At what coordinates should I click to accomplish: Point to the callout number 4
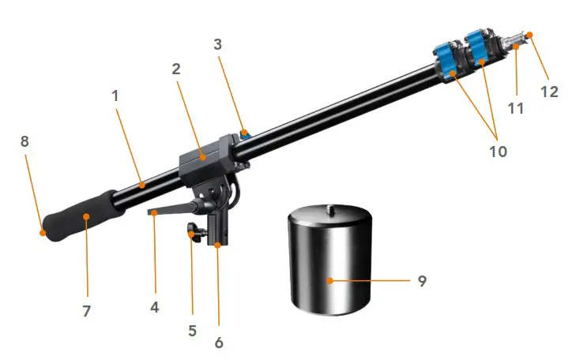pyautogui.click(x=155, y=307)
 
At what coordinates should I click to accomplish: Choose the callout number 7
pyautogui.click(x=87, y=311)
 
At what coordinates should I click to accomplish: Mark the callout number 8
pyautogui.click(x=24, y=142)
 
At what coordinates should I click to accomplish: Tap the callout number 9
pyautogui.click(x=422, y=280)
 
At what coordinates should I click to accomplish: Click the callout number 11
pyautogui.click(x=515, y=108)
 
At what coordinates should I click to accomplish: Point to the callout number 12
pyautogui.click(x=549, y=91)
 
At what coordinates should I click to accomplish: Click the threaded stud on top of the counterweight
pyautogui.click(x=328, y=208)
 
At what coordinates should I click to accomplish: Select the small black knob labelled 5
pyautogui.click(x=191, y=232)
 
